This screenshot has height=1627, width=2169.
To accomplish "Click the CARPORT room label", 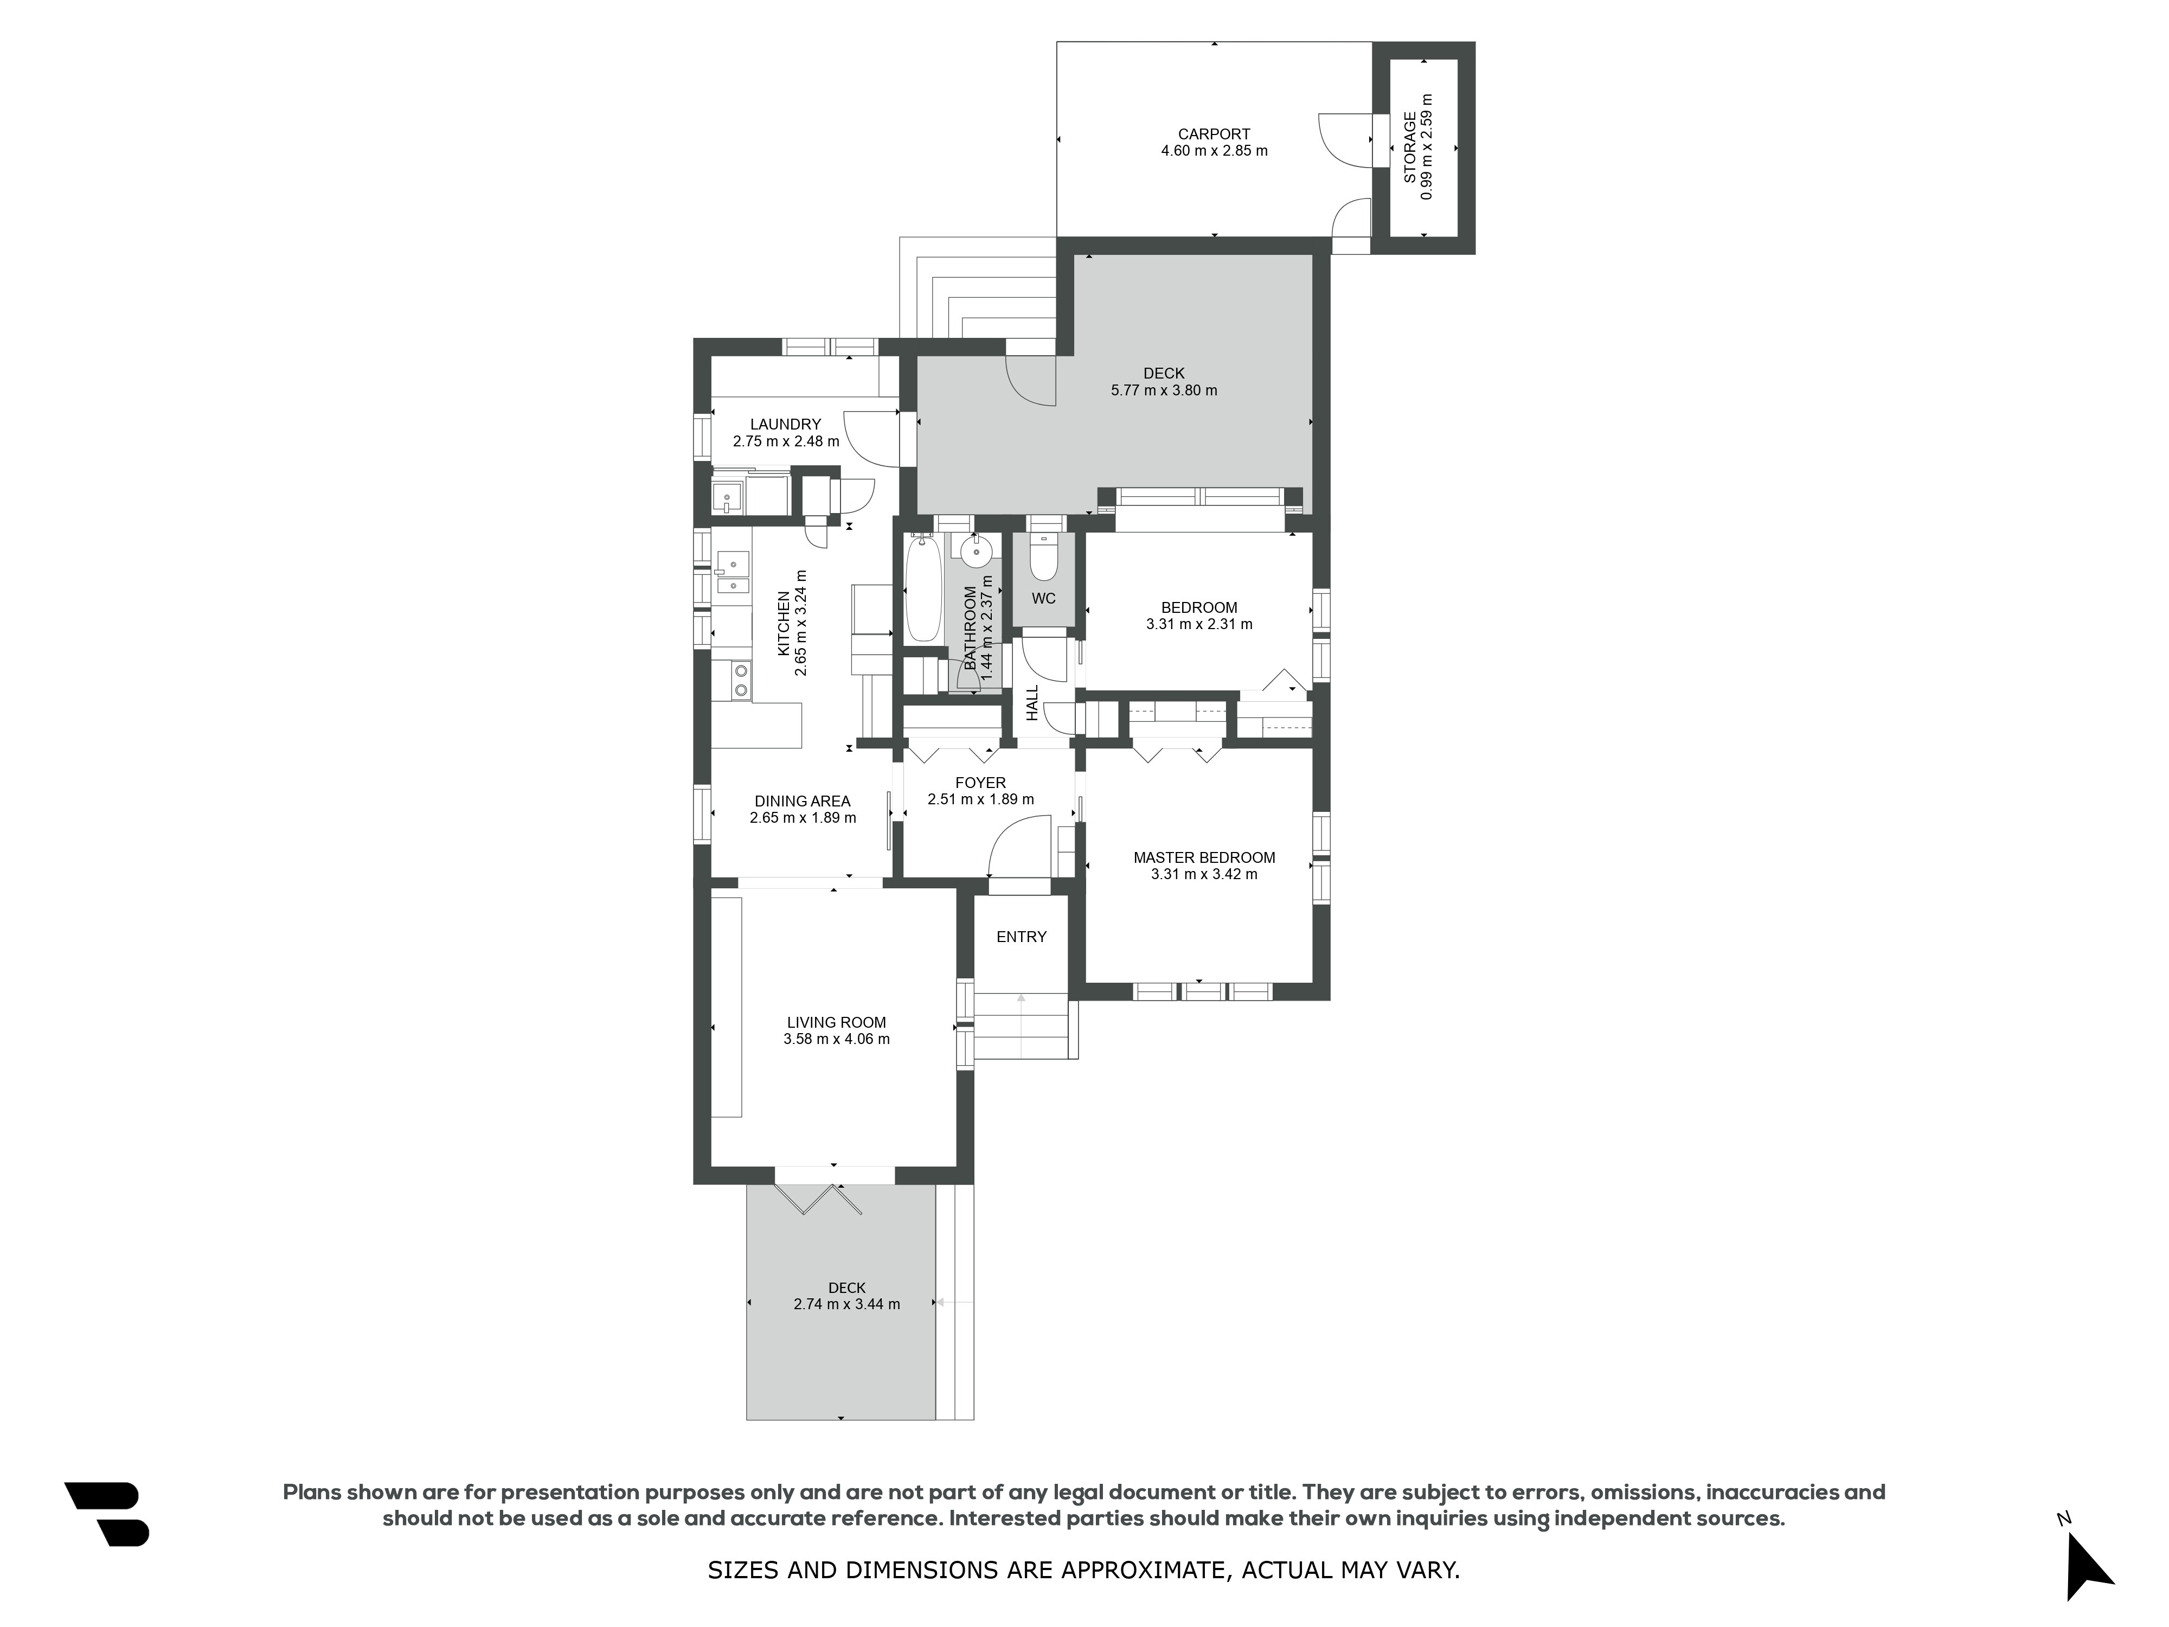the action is (x=1214, y=134).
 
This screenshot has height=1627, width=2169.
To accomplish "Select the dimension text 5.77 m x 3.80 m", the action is (x=1164, y=390).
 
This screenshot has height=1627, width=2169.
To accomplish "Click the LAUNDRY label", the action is (x=785, y=425).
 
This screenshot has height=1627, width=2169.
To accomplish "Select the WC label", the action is (x=1043, y=598).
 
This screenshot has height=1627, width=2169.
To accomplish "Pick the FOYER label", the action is (x=980, y=783).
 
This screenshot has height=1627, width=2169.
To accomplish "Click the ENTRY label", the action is (x=1022, y=937).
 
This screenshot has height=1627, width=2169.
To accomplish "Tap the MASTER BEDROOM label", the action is (x=1204, y=857).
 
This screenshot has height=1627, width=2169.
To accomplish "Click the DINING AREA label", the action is (x=802, y=801).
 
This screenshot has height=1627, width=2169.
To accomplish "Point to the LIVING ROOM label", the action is (x=836, y=1022).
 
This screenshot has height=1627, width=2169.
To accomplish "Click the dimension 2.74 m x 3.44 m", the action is (x=847, y=1304).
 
